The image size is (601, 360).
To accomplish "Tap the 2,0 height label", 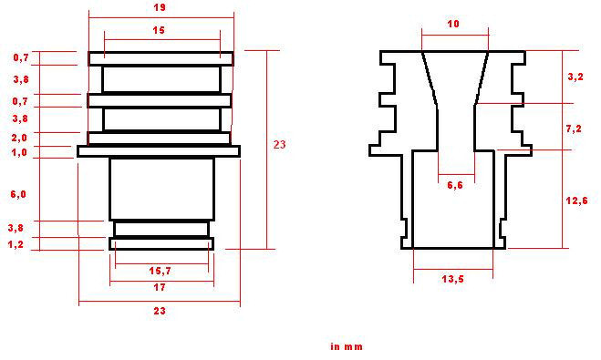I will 19,137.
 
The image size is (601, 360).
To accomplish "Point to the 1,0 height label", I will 19,152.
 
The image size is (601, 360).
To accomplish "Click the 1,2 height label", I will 16,244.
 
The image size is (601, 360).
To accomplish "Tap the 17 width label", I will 160,288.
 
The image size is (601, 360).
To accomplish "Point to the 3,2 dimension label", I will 575,77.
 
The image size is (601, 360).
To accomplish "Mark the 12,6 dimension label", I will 576,200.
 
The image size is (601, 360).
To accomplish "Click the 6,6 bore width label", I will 455,185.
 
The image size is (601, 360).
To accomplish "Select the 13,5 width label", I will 453,279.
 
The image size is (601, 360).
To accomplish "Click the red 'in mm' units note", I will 346,346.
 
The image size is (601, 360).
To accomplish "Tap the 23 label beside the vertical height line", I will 280,144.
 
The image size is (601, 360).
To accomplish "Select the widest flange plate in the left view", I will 158,151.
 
